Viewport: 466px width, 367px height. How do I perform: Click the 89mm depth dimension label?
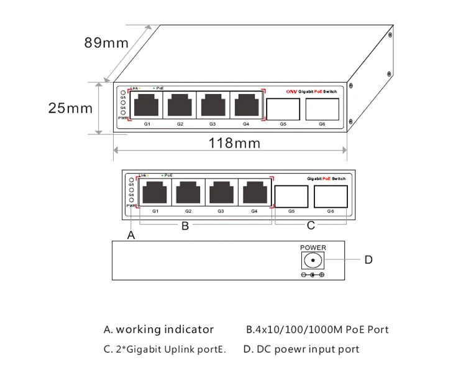click(106, 43)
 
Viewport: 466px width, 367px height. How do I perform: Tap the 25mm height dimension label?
click(70, 108)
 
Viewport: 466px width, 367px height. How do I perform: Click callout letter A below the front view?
click(130, 235)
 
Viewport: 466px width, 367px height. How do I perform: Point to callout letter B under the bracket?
click(185, 226)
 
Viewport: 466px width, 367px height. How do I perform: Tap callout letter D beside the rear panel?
click(368, 259)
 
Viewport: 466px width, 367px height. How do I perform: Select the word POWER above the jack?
click(313, 248)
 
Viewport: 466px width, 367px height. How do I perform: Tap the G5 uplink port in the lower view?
click(291, 197)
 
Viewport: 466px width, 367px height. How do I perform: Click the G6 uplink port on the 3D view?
click(322, 109)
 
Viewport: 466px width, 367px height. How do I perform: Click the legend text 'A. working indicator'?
click(158, 330)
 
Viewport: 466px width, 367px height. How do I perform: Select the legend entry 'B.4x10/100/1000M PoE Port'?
click(318, 330)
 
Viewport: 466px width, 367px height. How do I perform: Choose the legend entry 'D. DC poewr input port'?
click(301, 349)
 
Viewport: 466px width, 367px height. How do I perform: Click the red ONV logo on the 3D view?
click(291, 91)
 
